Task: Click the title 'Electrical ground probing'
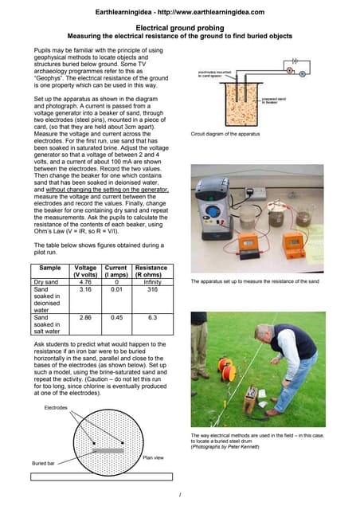[179, 27]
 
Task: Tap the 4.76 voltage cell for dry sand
[84, 280]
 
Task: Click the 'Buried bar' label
[45, 462]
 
